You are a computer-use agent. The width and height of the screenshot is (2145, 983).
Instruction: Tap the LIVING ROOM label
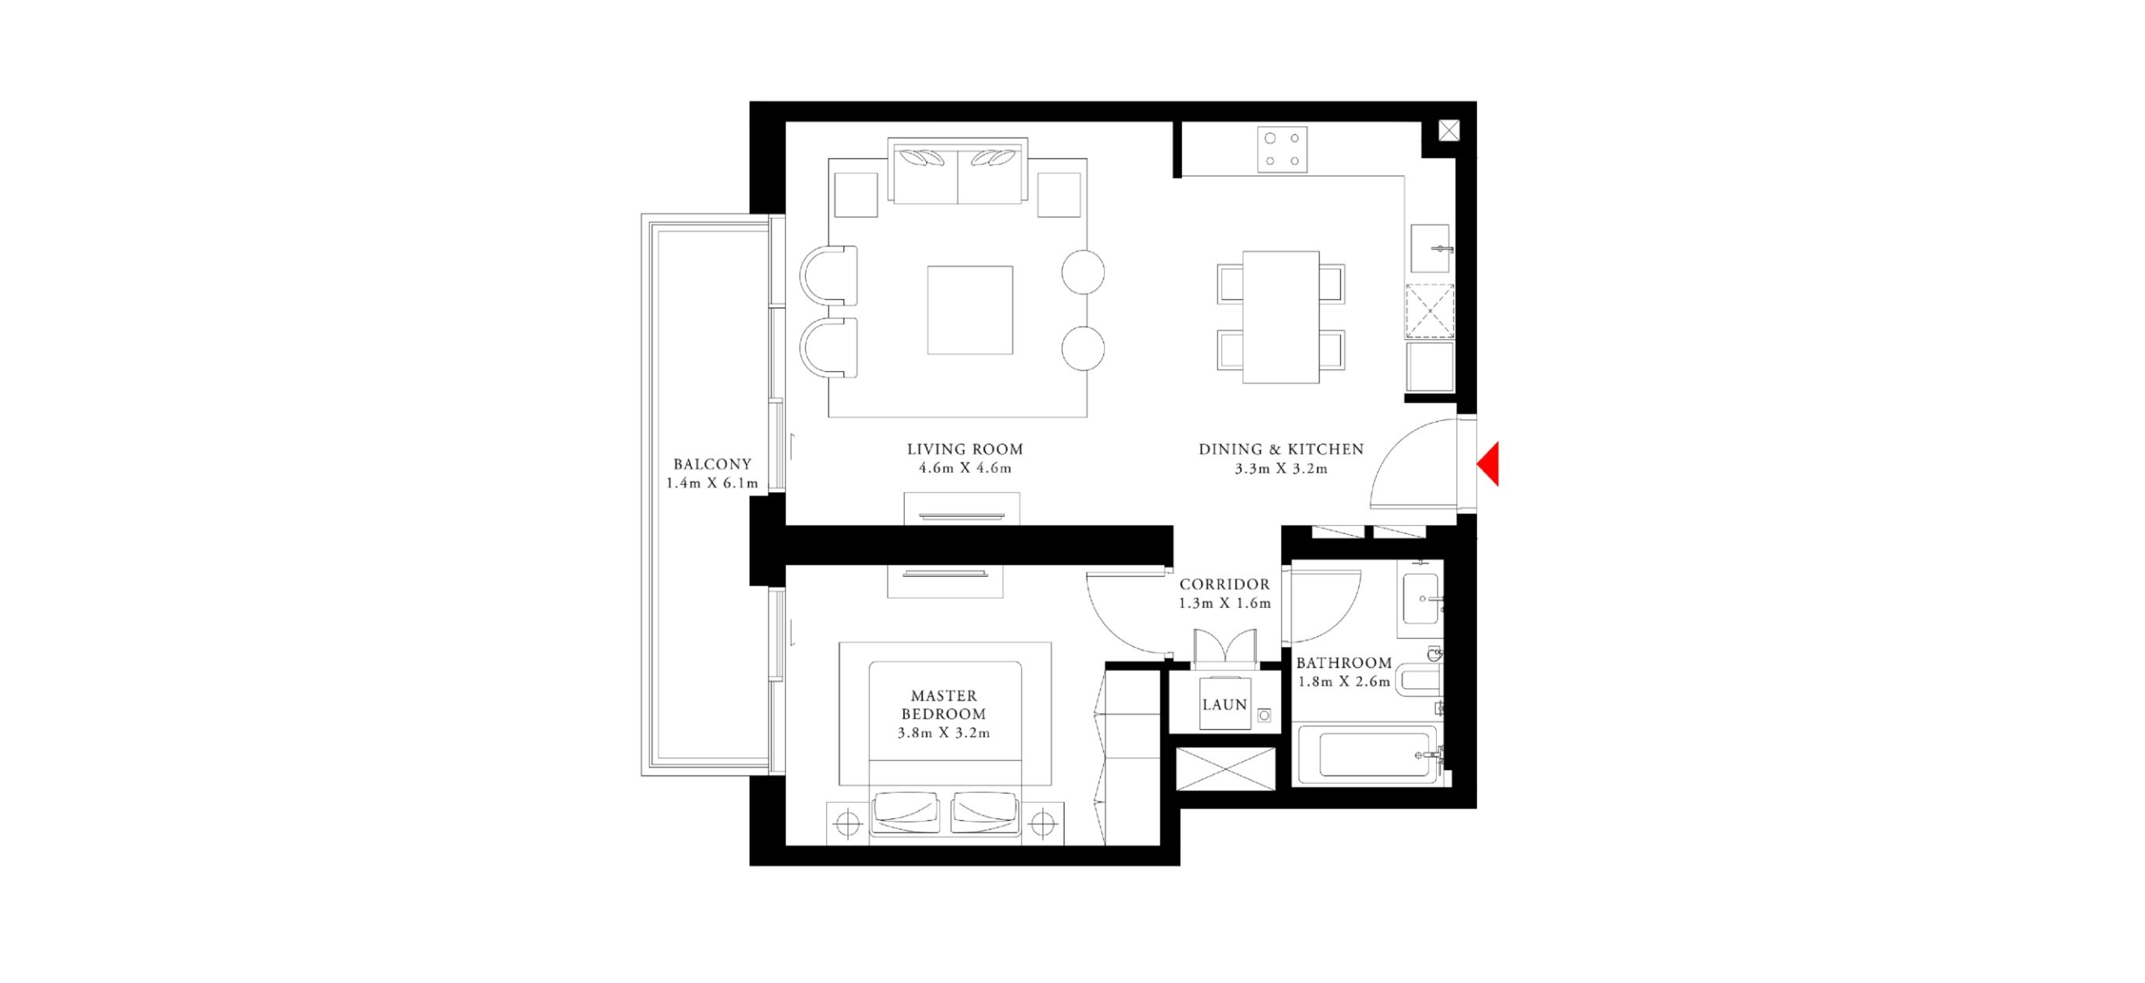coord(965,450)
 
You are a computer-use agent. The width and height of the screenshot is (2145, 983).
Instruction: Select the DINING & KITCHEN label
coord(1281,450)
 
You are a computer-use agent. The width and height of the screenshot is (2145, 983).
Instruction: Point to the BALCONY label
coord(712,464)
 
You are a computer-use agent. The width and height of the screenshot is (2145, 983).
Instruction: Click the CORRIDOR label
coord(1225,584)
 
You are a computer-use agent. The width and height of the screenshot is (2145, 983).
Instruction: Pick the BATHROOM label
coord(1344,663)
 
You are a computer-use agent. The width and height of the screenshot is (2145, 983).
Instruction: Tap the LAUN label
coord(1225,704)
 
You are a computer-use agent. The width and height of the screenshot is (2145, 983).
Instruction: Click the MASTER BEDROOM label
coord(944,704)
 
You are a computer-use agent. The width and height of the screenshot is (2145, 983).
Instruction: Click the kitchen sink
coord(1430,248)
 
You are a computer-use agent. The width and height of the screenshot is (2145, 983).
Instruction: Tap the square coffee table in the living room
coord(970,310)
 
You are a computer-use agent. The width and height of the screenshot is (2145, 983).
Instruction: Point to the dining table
coord(1280,317)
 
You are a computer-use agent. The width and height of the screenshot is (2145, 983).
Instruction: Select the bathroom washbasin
coord(1422,599)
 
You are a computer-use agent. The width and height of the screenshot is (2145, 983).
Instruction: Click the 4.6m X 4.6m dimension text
coord(965,469)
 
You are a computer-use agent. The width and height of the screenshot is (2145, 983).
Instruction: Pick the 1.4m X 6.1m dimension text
coord(712,483)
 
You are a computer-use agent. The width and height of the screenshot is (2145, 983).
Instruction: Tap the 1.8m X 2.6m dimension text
coord(1344,682)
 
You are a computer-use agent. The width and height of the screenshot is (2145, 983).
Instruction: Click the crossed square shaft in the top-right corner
coord(1449,131)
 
